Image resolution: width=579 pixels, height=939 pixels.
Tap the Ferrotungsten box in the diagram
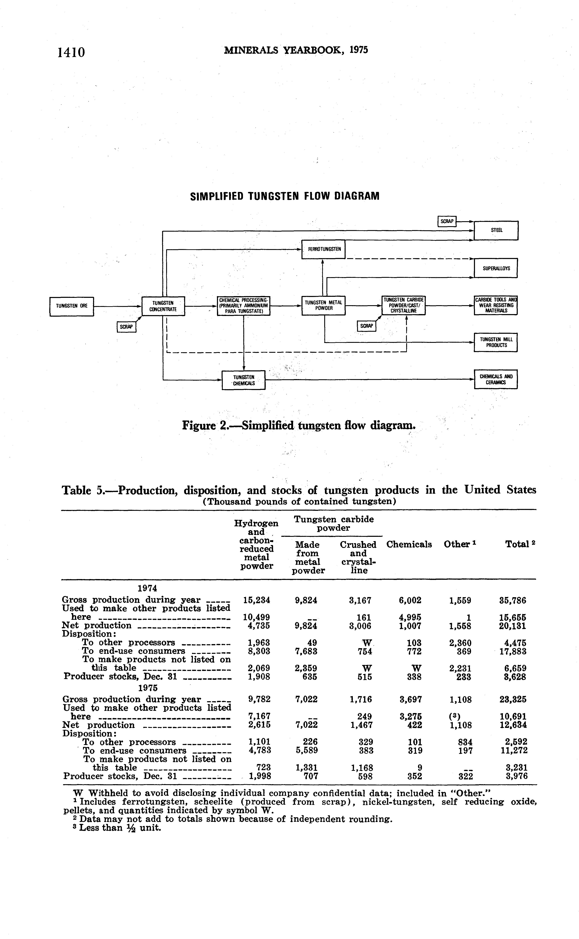tap(323, 249)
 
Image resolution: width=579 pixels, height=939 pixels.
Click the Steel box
tap(496, 230)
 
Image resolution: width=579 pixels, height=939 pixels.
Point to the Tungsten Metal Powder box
tap(323, 306)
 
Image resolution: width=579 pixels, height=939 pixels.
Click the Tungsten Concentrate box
tap(163, 306)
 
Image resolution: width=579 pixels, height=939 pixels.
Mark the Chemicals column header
tap(409, 544)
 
